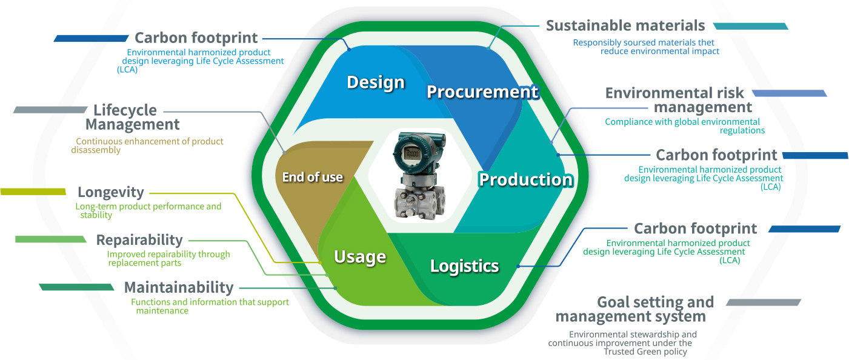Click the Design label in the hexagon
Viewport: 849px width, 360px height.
click(x=375, y=82)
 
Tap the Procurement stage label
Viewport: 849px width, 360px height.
click(x=482, y=92)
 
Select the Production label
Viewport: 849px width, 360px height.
click(x=525, y=179)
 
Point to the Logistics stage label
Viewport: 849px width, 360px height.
click(x=464, y=265)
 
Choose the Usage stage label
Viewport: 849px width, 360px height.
click(x=360, y=256)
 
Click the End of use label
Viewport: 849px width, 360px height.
click(x=312, y=177)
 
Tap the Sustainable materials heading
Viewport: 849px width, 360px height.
click(x=625, y=25)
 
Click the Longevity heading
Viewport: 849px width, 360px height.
click(x=110, y=192)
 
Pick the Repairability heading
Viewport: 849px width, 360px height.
click(x=139, y=240)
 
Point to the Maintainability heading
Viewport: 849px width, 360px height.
click(x=178, y=287)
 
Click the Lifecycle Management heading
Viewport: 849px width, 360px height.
click(x=132, y=118)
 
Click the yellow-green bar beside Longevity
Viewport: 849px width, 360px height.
click(x=33, y=192)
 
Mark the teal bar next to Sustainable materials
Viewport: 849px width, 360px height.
click(x=750, y=26)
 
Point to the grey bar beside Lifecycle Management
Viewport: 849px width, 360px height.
click(x=50, y=110)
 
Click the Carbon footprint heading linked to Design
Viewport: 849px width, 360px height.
click(x=196, y=38)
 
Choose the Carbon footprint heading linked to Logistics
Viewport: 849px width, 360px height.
click(x=695, y=228)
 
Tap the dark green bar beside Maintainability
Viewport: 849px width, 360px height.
click(x=76, y=287)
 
